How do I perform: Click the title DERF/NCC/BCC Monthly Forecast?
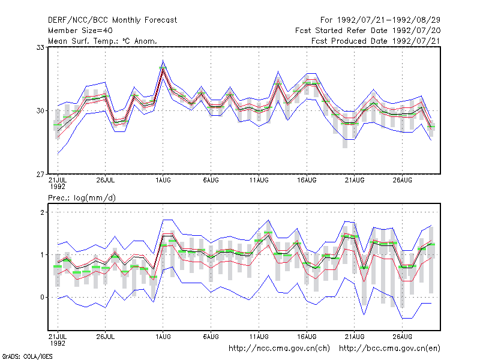coord(112,20)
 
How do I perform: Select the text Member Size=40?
coord(80,31)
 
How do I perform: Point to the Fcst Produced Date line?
coord(376,41)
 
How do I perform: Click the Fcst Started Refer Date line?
coord(368,31)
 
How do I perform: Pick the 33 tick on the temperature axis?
coord(40,47)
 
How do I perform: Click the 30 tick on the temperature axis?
coord(40,110)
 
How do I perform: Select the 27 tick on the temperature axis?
coord(40,174)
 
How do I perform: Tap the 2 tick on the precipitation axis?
coord(42,212)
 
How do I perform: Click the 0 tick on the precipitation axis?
coord(42,297)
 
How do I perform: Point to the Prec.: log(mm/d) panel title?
coord(82,198)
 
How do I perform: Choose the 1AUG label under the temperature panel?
coord(163,181)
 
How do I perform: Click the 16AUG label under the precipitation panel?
coord(307,337)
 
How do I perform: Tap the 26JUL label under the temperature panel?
coord(106,181)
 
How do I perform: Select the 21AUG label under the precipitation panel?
coord(355,337)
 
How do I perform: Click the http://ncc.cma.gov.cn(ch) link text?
coord(279,349)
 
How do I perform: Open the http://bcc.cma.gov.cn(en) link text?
coord(389,349)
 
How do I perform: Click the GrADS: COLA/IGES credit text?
coord(27,356)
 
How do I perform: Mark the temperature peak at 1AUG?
coord(163,68)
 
